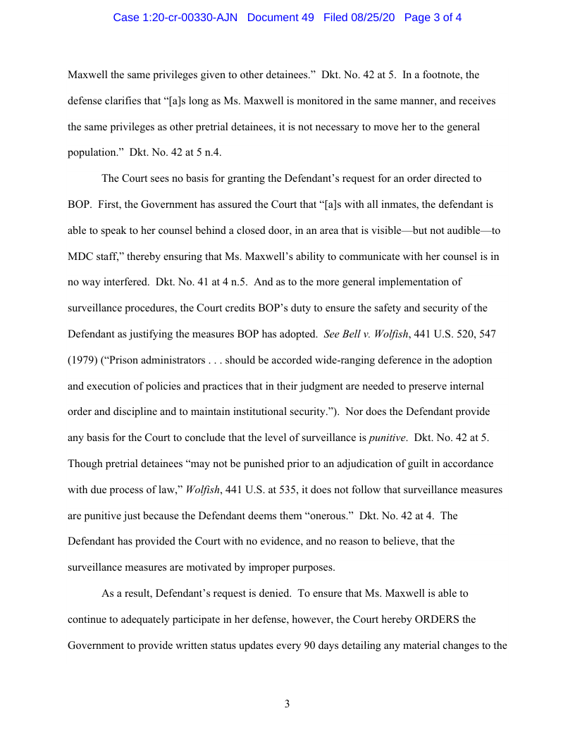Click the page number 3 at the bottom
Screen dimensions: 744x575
[x=287, y=703]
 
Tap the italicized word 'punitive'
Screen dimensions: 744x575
[x=387, y=438]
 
